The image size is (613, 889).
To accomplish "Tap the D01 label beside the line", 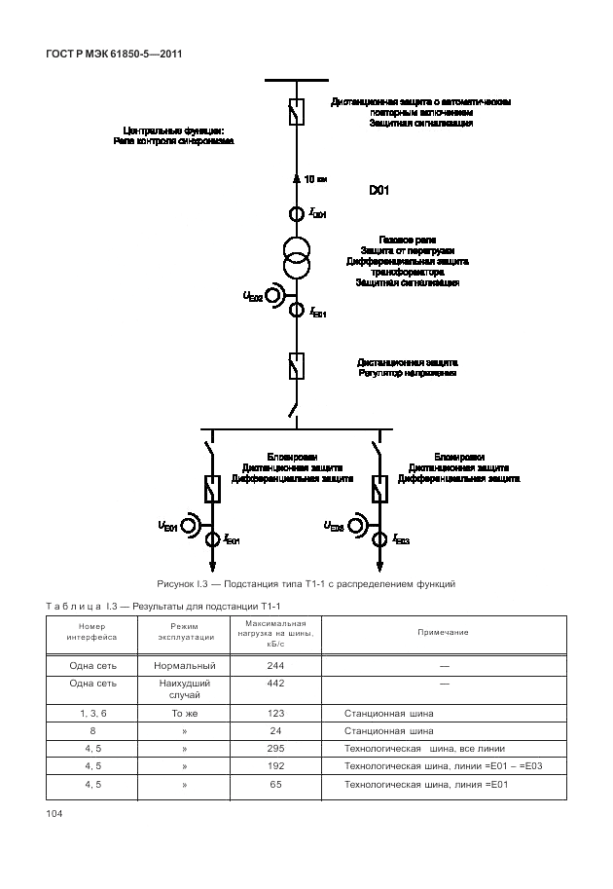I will click(379, 192).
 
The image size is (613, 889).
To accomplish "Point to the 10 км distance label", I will click(315, 178).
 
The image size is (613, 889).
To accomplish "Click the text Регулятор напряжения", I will click(407, 373).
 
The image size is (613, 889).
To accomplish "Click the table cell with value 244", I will click(275, 665).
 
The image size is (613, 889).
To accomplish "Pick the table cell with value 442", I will click(275, 684).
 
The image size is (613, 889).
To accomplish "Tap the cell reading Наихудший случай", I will click(184, 689).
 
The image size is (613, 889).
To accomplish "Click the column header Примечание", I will click(443, 633).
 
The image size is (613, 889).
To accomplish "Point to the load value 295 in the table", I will click(275, 749).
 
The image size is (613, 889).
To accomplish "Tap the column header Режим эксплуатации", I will click(184, 633).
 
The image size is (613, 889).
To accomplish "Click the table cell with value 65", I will click(275, 784).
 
